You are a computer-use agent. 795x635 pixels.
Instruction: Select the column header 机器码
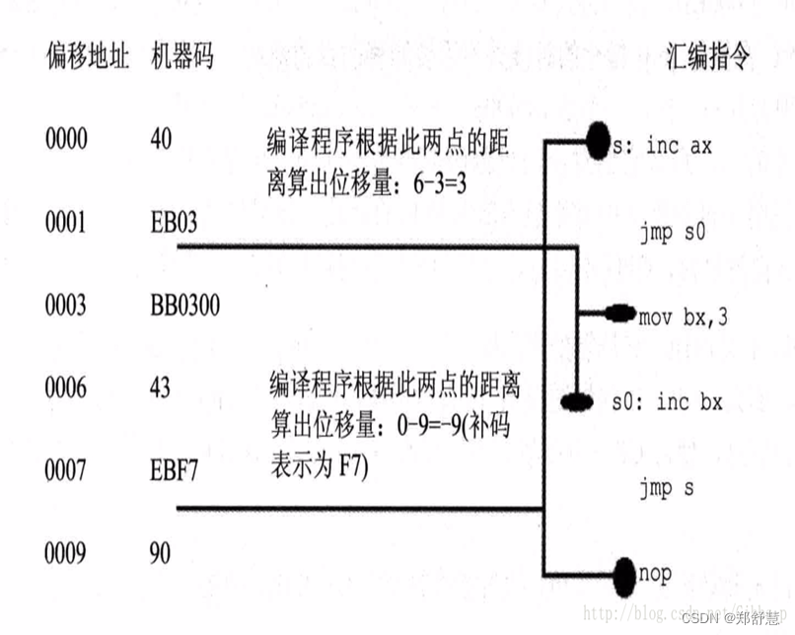click(181, 56)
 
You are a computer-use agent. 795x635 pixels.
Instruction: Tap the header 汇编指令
click(708, 56)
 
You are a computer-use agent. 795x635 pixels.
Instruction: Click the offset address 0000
click(66, 139)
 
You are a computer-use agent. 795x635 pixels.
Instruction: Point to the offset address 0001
click(66, 223)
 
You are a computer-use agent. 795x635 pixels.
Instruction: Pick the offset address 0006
click(66, 388)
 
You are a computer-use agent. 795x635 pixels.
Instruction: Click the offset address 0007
click(66, 470)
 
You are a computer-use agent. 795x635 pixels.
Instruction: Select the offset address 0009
click(66, 553)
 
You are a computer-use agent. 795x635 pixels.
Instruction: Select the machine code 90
click(160, 553)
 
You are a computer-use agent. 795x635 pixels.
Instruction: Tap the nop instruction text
click(656, 572)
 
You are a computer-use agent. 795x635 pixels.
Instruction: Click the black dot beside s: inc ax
click(598, 141)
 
